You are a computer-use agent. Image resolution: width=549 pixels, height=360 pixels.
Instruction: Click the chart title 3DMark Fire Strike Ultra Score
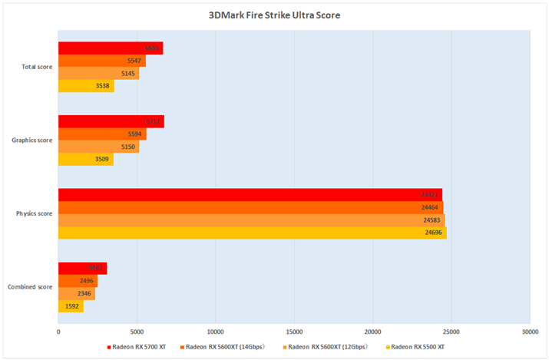(x=273, y=15)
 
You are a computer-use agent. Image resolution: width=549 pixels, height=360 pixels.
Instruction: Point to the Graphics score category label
(x=33, y=140)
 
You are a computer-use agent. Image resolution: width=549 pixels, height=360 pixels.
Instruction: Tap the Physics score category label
(x=35, y=213)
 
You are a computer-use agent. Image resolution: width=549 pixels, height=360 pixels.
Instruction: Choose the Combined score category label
(x=31, y=286)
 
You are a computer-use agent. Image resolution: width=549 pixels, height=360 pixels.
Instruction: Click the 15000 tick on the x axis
(x=294, y=332)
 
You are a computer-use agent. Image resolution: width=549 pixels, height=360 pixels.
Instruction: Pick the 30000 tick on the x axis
(x=530, y=332)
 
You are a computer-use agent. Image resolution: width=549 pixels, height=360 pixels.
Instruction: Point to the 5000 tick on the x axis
(x=137, y=332)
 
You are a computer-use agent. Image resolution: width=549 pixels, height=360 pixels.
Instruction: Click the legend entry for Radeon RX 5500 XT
(x=417, y=347)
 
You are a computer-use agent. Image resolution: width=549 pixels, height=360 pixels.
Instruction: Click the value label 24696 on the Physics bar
(x=434, y=232)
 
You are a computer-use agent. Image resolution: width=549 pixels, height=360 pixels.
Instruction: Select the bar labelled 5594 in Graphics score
(x=102, y=134)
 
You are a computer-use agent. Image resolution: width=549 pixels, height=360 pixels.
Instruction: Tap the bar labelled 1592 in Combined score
(x=71, y=307)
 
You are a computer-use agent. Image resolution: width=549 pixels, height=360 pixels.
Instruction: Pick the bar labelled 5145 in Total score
(x=98, y=74)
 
